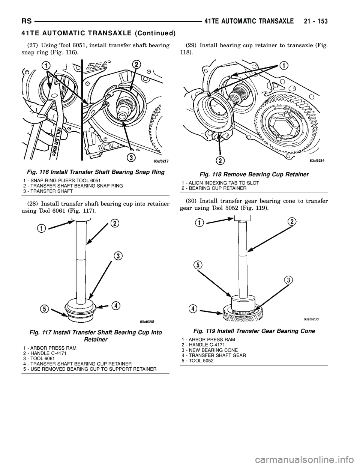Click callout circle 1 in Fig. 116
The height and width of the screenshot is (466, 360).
(46, 66)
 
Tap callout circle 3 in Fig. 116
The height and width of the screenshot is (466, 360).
(131, 158)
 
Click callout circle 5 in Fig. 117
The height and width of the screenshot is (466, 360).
(45, 309)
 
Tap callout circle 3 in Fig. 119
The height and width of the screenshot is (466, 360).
(288, 280)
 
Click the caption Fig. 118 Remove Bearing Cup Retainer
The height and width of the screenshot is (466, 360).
(253, 174)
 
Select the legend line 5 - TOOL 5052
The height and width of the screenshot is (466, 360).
(195, 361)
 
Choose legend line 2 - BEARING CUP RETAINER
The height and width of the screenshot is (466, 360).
(211, 188)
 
